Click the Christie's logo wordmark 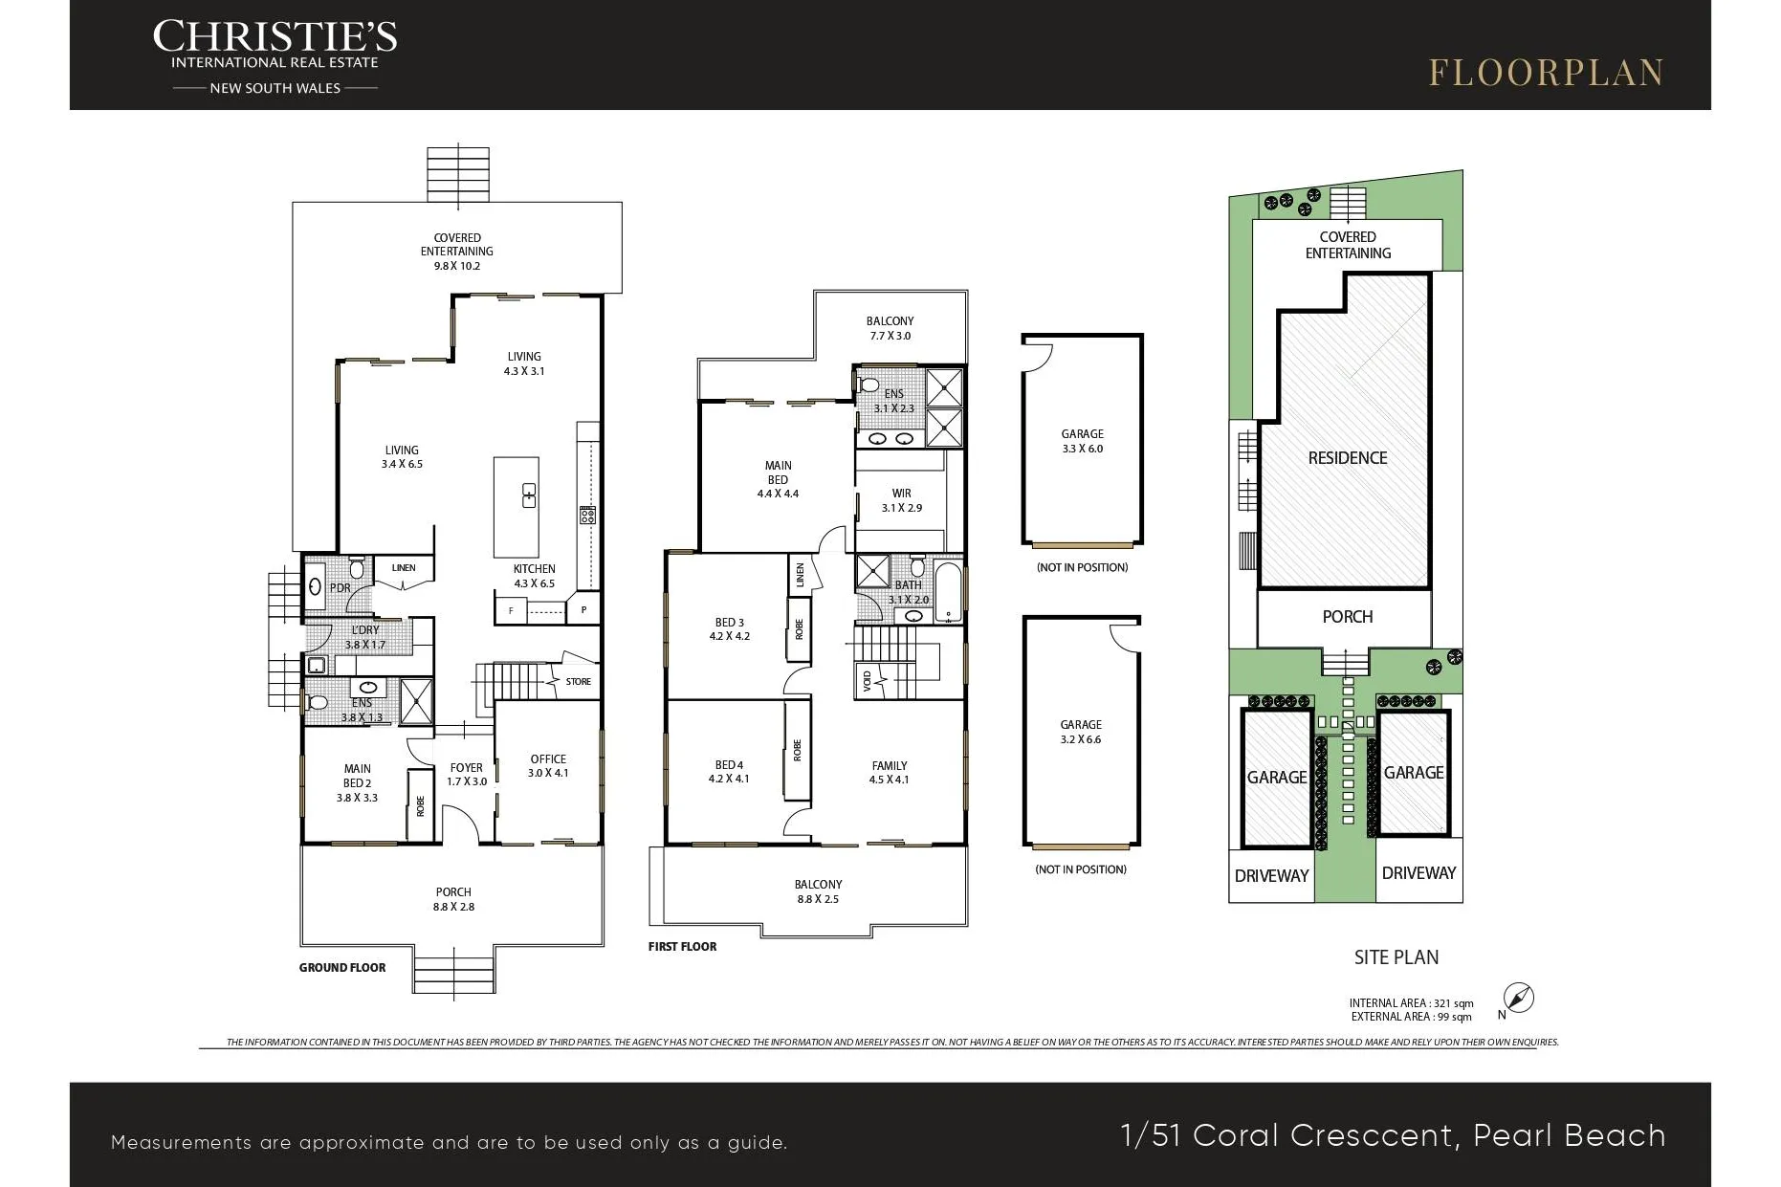click(275, 37)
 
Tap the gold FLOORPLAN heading click(1547, 73)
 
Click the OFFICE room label click(548, 759)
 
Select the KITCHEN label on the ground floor click(534, 569)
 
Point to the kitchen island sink click(529, 495)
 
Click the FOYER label click(467, 768)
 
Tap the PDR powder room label click(340, 588)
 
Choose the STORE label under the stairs click(579, 682)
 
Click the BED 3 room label click(730, 623)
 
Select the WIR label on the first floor click(902, 494)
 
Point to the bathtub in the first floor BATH click(948, 593)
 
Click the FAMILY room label click(890, 766)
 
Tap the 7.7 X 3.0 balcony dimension click(890, 336)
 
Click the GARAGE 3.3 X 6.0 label click(1083, 441)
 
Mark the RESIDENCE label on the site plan click(1348, 458)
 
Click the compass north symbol click(1519, 998)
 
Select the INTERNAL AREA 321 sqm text click(1412, 1003)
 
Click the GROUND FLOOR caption click(342, 968)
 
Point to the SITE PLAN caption click(1396, 957)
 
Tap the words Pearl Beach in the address click(1570, 1135)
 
